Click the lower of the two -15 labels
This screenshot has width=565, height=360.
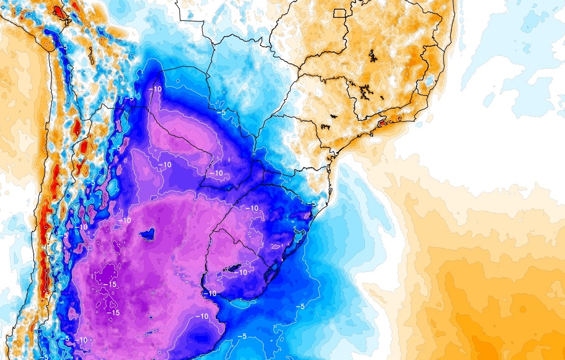113,313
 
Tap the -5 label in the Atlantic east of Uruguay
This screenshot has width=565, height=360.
300,306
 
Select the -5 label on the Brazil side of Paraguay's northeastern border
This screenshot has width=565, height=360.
222,112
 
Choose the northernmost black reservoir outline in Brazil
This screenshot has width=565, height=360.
374,57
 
